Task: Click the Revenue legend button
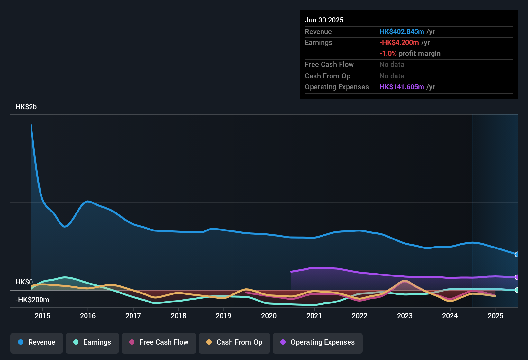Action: [x=37, y=342]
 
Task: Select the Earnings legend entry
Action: [x=92, y=342]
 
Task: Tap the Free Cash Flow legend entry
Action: [x=159, y=342]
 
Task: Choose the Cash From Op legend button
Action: [x=234, y=342]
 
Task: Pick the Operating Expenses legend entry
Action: [x=318, y=342]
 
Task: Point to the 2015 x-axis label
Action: [x=42, y=316]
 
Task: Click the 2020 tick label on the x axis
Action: [x=269, y=316]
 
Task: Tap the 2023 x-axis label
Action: [x=405, y=316]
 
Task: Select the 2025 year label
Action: [x=496, y=316]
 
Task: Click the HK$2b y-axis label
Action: [x=26, y=107]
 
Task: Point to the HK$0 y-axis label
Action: [x=24, y=282]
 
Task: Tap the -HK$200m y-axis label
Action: [x=32, y=300]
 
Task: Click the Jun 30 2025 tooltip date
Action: [x=324, y=20]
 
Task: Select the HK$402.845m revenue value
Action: [x=402, y=32]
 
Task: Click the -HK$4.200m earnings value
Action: [x=399, y=43]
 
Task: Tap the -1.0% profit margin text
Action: [x=410, y=54]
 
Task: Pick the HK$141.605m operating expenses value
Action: [x=402, y=87]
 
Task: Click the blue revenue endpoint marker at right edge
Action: [x=517, y=255]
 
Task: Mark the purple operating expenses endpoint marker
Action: [x=517, y=277]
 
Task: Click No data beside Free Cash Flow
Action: [x=392, y=65]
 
